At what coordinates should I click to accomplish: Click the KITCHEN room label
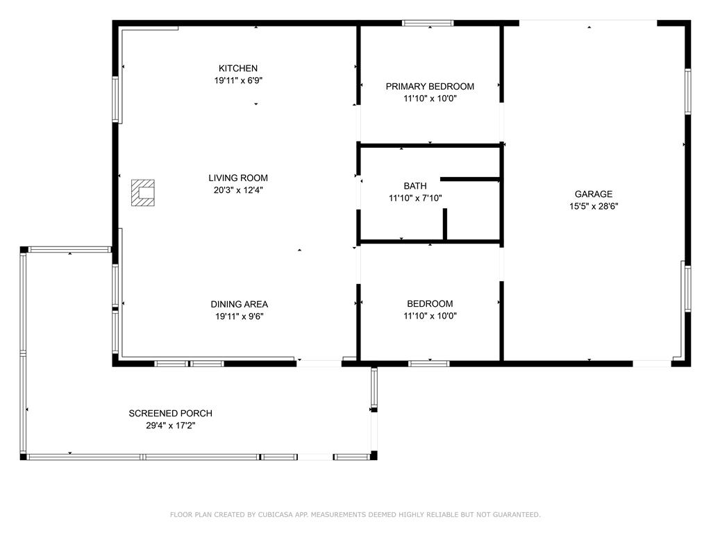click(238, 69)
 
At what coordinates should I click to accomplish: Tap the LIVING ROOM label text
click(238, 178)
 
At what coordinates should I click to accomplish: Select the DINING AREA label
click(239, 304)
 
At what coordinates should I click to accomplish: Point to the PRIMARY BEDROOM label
click(430, 87)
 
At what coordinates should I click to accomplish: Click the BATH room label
click(415, 186)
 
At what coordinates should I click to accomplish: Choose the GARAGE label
click(594, 194)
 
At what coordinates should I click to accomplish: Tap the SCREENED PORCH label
click(171, 414)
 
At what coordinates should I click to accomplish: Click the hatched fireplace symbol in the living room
click(143, 193)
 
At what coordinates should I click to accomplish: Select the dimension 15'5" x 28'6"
click(594, 206)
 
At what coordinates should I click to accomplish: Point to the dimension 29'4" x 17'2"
click(171, 425)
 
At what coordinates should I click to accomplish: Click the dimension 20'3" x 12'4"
click(238, 190)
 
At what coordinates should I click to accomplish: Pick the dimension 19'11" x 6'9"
click(238, 81)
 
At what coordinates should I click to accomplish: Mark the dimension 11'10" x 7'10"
click(415, 198)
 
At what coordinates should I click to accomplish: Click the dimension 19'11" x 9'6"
click(239, 316)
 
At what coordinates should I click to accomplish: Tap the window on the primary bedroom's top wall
click(428, 23)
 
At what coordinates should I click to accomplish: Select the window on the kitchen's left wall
click(116, 99)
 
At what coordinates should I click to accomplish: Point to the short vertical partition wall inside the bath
click(445, 224)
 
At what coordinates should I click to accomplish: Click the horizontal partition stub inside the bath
click(470, 180)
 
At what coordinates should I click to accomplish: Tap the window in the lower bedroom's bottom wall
click(429, 364)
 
